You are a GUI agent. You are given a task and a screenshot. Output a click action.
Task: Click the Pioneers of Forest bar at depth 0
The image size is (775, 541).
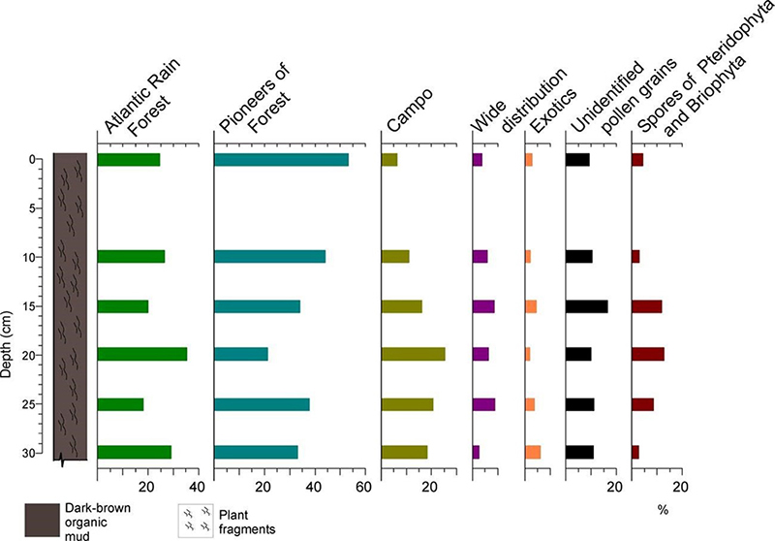pos(281,159)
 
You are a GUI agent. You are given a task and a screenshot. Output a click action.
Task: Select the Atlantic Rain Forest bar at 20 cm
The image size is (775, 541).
pos(142,355)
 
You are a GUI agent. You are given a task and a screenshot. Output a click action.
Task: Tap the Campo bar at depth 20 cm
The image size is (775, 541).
pos(414,355)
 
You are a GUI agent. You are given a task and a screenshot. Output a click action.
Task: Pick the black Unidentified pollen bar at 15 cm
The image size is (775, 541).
pos(587,306)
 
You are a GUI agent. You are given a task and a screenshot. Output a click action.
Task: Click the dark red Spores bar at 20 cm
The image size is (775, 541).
pos(647,355)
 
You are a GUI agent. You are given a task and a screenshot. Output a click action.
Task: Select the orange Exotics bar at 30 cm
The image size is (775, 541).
pos(533,452)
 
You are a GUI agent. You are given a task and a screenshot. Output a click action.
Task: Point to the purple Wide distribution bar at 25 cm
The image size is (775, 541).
pos(483,404)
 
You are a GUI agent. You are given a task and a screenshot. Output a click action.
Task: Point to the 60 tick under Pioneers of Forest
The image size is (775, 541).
pos(362,488)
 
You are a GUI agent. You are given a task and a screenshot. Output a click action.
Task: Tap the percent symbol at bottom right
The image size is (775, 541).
pos(663,509)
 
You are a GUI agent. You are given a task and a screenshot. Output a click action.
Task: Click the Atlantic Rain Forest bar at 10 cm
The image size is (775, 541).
pos(132,257)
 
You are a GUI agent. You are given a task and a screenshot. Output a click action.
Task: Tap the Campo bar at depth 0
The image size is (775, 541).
pos(389,159)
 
